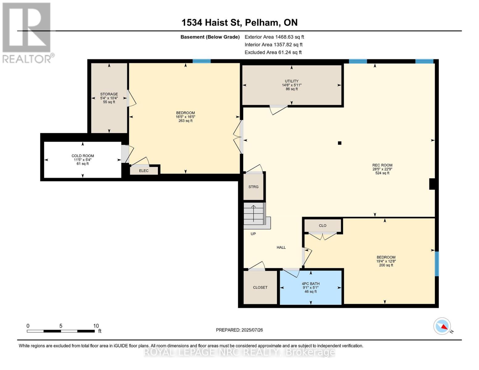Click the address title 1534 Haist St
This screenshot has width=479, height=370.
(239, 23)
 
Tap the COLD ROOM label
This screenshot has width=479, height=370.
(83, 156)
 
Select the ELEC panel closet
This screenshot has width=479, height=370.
(144, 171)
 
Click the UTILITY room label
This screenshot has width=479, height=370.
(291, 81)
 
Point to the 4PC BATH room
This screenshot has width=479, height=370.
(311, 287)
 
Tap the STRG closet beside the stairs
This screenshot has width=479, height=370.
(254, 187)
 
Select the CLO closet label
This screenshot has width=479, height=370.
(323, 226)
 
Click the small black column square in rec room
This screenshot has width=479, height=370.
(340, 143)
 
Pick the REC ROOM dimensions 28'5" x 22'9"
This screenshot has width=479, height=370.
(382, 169)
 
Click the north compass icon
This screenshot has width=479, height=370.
(442, 326)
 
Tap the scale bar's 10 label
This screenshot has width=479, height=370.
(96, 326)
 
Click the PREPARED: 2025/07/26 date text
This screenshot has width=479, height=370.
(239, 330)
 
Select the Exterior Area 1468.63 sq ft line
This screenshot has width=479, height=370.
(274, 37)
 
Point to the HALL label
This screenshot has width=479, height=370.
(281, 247)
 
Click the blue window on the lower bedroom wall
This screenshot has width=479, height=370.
(436, 264)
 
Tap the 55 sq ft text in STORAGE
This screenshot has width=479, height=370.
(109, 102)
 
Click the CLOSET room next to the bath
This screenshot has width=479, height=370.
(260, 287)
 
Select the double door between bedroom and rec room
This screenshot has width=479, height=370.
(238, 137)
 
